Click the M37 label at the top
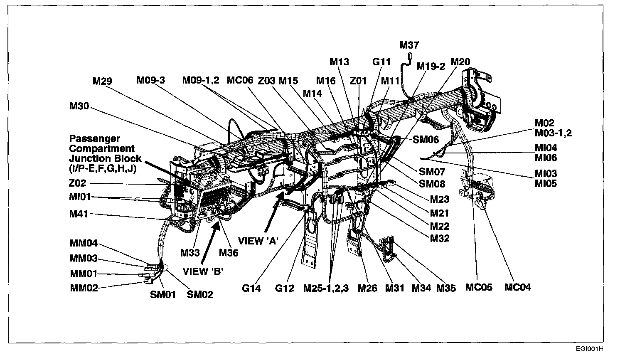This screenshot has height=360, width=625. pos(409,45)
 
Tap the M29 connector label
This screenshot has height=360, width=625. pos(102,81)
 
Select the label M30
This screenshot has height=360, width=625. pos(79,106)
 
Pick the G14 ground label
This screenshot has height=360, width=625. pos(251,288)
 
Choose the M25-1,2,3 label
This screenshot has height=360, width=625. pos(326,288)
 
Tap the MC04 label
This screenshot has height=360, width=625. pos(517,287)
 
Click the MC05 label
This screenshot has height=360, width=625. pos(478,287)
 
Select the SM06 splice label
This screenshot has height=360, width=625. pos(426,140)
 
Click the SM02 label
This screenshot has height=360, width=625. pos(200,295)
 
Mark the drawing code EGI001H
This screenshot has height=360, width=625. pos(589,349)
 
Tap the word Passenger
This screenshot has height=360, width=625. pos(94,138)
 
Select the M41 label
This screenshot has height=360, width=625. pos(79,215)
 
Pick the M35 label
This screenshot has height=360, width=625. pos(446,288)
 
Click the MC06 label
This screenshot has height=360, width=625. pos(240,80)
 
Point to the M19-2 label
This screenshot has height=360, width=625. pos(431,66)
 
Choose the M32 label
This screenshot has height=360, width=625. pos(439,239)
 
